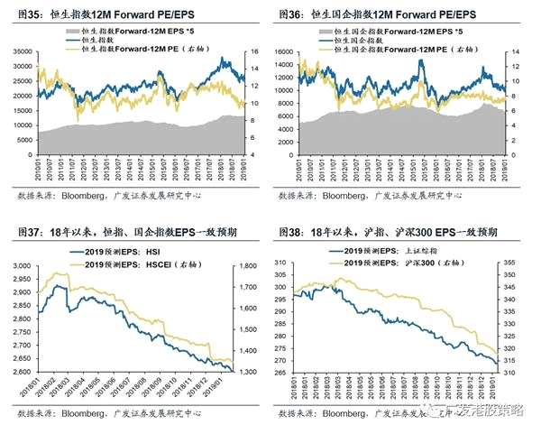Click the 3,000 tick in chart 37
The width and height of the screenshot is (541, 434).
(21, 265)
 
